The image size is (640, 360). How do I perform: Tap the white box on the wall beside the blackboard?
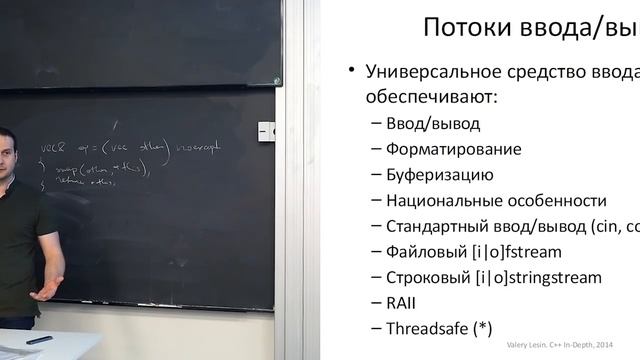pos(266,130)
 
